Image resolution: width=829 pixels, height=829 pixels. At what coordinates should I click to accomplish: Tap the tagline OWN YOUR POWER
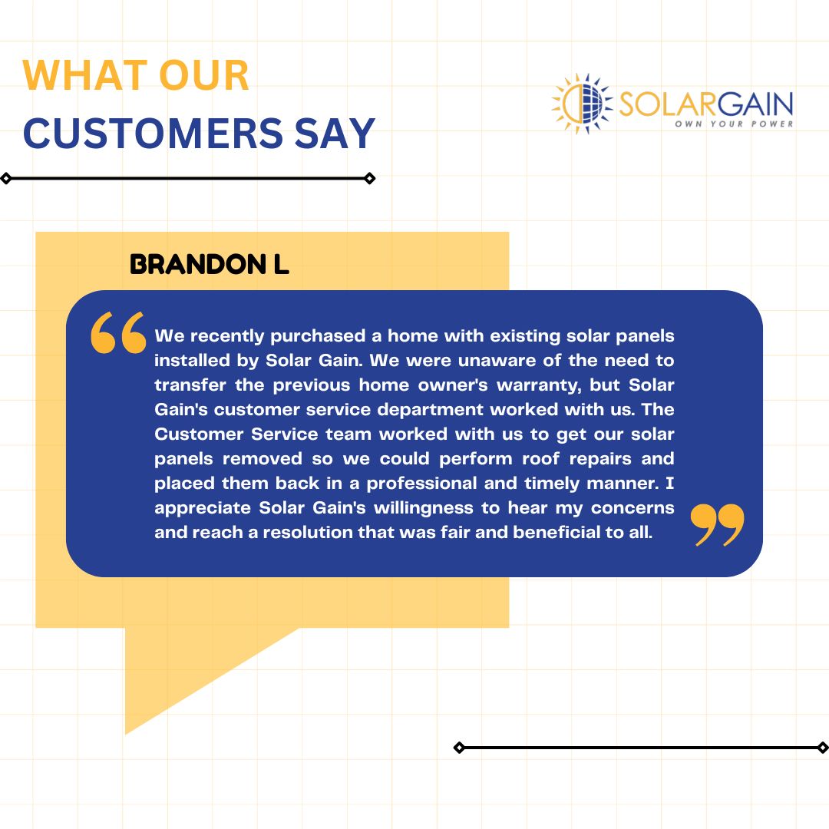[x=734, y=124]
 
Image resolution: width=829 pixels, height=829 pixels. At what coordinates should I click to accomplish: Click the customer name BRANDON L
[x=209, y=265]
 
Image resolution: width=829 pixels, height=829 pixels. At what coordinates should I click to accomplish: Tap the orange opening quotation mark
[x=118, y=332]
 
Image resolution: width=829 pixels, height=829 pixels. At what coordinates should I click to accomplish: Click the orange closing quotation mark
[x=718, y=524]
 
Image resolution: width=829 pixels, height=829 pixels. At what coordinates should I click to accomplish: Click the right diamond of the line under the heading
[x=369, y=179]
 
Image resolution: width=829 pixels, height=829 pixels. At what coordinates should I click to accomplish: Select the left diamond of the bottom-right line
[x=459, y=747]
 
